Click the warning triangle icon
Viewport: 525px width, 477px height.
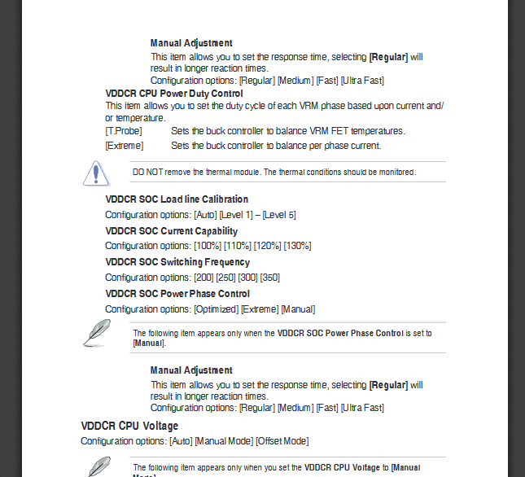click(95, 173)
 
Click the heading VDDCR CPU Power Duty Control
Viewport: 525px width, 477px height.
click(174, 94)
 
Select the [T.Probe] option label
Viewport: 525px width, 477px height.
click(123, 131)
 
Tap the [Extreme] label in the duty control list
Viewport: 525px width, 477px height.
click(125, 146)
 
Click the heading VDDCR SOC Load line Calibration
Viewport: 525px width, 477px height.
click(177, 199)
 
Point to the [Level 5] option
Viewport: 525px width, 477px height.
click(279, 215)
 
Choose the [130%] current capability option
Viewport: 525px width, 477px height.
click(297, 246)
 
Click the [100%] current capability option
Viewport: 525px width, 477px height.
click(208, 246)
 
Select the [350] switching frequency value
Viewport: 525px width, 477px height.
click(269, 278)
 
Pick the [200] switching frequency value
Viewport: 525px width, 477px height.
click(203, 278)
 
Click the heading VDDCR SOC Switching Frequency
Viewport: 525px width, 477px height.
click(177, 262)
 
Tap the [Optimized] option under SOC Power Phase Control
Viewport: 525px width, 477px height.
click(217, 309)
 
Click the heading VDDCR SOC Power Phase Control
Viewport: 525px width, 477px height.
click(177, 294)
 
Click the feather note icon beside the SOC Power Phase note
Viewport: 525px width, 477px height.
click(96, 332)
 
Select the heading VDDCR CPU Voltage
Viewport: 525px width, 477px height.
click(129, 426)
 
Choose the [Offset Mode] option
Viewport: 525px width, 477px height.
click(282, 441)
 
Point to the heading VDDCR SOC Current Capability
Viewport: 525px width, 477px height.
click(172, 231)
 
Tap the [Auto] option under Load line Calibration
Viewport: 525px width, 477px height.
click(204, 215)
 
